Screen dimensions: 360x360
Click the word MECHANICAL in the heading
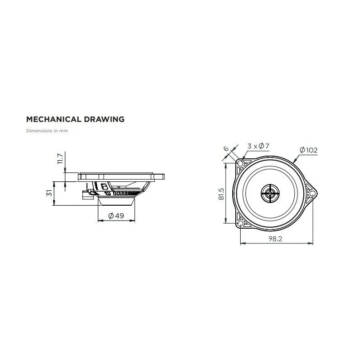tap(54, 119)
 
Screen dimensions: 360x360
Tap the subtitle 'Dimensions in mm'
tap(47, 130)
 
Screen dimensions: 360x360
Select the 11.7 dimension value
tap(60, 159)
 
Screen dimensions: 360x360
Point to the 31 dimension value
tap(49, 193)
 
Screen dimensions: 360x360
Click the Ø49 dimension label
tap(116, 216)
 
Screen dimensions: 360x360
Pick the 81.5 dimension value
tap(221, 194)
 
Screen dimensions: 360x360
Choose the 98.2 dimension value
tap(275, 239)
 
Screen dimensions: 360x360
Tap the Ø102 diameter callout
tap(309, 150)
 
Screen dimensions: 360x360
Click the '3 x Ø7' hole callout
tap(258, 146)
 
